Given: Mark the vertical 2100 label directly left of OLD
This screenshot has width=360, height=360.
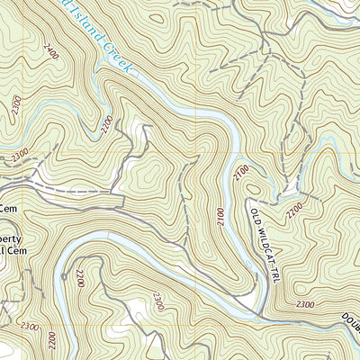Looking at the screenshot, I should coord(220,216).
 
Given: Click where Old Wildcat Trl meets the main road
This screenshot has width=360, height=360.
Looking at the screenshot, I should coord(262,316).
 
